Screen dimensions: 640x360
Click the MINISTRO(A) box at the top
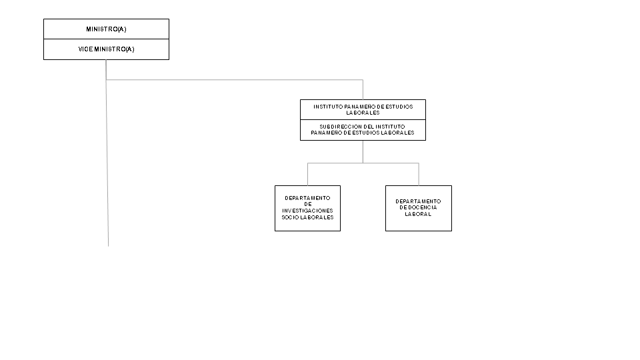tap(106, 29)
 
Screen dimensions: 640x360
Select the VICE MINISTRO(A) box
tap(106, 49)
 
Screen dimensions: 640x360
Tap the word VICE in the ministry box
tap(85, 49)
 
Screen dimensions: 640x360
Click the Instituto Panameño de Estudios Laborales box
tap(363, 109)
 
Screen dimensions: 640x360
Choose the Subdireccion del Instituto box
tap(363, 130)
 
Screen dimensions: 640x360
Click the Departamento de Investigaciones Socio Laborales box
tap(308, 208)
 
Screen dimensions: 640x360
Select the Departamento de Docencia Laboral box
tap(419, 208)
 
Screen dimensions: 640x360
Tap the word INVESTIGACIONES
tap(308, 211)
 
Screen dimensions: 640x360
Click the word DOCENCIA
tap(423, 207)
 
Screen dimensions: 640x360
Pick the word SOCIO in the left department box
tap(290, 217)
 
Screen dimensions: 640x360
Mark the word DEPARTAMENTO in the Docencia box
tap(419, 201)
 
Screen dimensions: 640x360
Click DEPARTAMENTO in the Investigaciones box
tap(308, 198)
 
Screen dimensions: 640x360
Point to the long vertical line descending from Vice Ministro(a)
tap(107, 153)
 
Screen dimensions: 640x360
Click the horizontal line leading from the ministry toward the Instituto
tap(235, 79)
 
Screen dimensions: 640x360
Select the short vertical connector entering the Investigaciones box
tap(308, 174)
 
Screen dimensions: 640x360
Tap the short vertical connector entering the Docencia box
tap(419, 174)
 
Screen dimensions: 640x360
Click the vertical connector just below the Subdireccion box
tap(363, 152)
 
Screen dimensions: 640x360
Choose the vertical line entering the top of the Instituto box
tap(363, 89)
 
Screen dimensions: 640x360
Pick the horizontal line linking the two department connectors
tap(363, 163)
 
